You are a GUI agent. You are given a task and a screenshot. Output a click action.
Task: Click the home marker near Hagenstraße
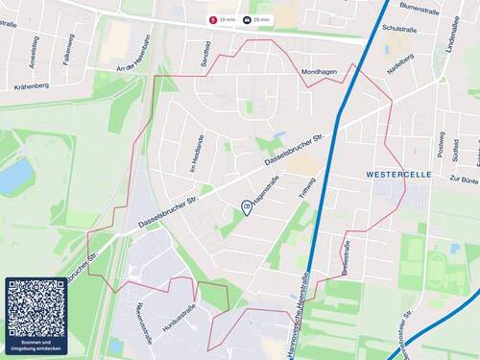pos(247,207)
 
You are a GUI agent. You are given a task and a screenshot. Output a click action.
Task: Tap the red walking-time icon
pos(213,19)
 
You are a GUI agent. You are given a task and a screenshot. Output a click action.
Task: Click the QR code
pos(36,308)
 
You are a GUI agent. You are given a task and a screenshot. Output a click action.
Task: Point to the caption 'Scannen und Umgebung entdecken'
pos(36,345)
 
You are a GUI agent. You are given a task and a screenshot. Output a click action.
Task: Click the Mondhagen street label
pos(320,72)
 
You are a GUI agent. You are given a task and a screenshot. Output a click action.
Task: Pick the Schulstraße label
pos(400,29)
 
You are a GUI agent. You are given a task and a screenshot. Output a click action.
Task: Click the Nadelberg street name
pos(400,63)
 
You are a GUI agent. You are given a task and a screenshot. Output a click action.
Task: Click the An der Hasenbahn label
pos(133,66)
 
